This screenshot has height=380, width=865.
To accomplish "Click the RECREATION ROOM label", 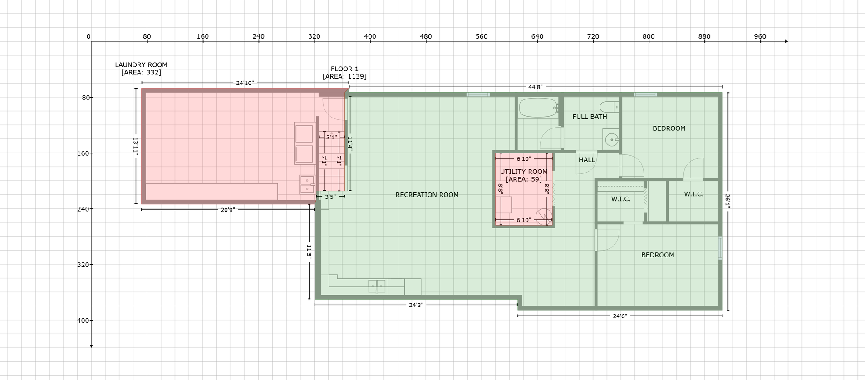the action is click(x=427, y=195).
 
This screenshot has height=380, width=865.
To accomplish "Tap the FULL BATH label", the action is click(x=590, y=117).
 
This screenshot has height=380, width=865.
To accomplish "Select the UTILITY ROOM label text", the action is click(x=524, y=172).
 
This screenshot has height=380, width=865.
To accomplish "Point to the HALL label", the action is click(x=587, y=160).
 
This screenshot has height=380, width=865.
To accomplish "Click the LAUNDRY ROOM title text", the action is click(x=141, y=65).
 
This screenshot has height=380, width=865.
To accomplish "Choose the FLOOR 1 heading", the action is click(x=344, y=69).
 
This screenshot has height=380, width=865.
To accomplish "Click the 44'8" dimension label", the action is click(x=536, y=87).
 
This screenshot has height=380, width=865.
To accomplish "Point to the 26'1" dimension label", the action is click(x=727, y=202).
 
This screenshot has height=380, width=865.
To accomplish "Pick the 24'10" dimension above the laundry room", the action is click(x=245, y=83).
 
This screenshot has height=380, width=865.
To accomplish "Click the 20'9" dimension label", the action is click(x=228, y=210).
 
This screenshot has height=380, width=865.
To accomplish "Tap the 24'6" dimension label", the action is click(x=620, y=316).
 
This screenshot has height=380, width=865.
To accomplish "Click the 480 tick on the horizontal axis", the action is click(x=426, y=36).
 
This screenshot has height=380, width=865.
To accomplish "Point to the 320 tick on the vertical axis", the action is click(x=83, y=265).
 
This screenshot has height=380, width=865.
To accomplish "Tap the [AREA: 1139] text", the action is click(x=344, y=77).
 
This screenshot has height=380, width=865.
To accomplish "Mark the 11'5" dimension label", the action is click(x=309, y=252).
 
